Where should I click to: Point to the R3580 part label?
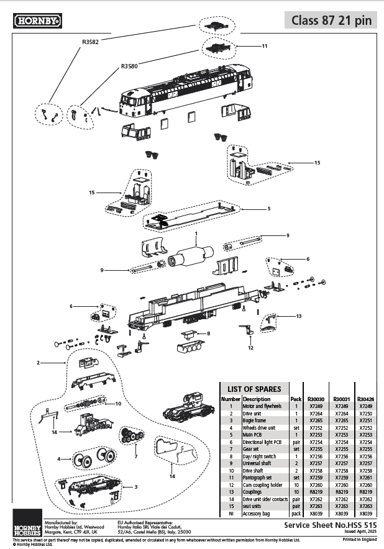pos(129,65)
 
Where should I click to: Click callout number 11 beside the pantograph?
pos(265,46)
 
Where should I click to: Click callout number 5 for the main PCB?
pos(269,209)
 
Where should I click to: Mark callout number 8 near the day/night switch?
pos(209,333)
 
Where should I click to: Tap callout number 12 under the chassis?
pos(250,348)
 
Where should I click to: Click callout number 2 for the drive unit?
pos(38,362)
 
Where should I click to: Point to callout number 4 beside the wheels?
pos(59,459)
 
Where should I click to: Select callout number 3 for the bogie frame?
pos(137,487)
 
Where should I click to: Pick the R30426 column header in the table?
pos(366,399)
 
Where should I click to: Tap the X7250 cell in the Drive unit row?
pos(366,413)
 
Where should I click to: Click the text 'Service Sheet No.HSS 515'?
pos(330,525)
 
